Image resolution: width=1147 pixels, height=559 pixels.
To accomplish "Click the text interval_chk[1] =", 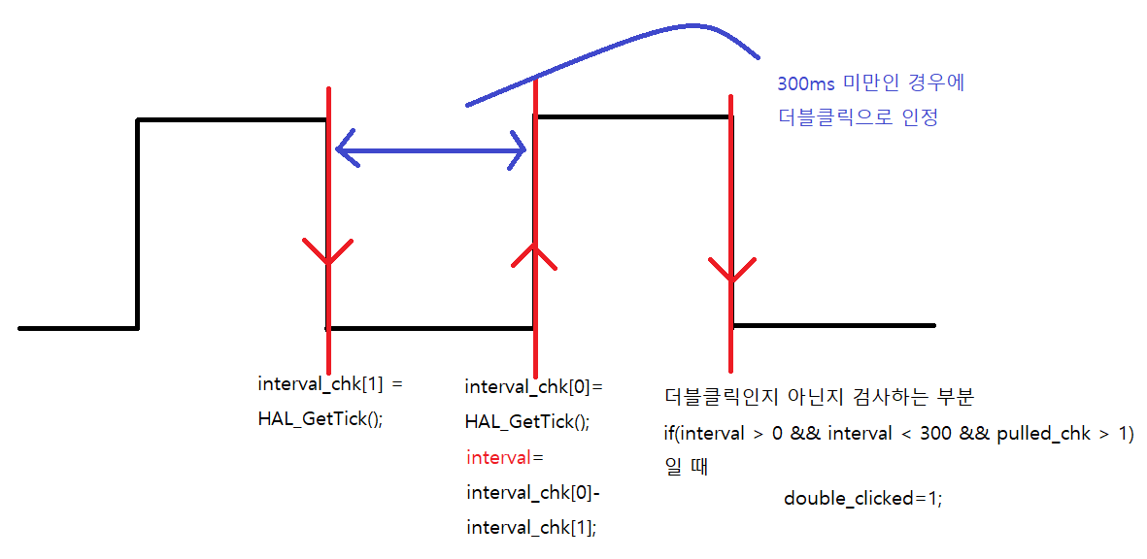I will pos(329,384).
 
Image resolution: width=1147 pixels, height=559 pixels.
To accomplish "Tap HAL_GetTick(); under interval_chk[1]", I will pos(320,419).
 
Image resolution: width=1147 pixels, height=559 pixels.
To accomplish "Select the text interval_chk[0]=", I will pos(533,387).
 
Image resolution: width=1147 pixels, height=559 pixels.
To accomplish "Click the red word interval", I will pos(497,457).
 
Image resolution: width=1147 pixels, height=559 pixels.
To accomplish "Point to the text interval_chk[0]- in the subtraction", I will pos(533,492).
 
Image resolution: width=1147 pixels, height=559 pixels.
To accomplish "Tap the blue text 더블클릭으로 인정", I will pos(859,118).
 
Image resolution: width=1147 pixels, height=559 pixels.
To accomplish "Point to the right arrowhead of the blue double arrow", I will pos(518,149).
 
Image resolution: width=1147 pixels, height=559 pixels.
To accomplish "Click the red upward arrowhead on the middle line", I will pos(533,253).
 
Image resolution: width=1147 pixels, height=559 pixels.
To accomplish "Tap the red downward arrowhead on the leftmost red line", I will pos(329,253).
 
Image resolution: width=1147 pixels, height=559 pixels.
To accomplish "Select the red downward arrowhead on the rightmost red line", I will pos(730,271).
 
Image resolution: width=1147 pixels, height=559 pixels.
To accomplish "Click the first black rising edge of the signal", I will pos(138,223).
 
